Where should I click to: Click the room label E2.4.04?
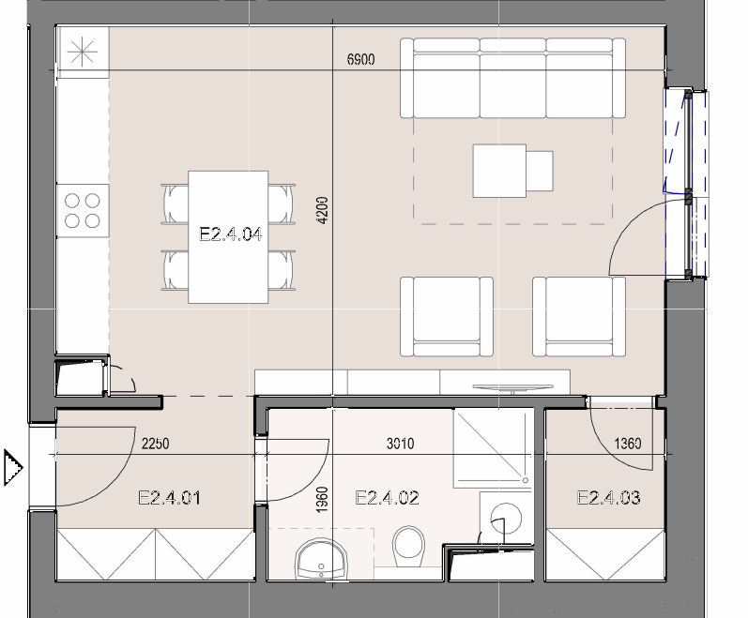[x=231, y=234]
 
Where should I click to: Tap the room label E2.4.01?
[x=169, y=498]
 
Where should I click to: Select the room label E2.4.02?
[x=388, y=498]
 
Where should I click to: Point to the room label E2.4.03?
[x=609, y=498]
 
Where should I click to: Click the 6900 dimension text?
[x=361, y=60]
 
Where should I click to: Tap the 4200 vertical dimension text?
[x=323, y=211]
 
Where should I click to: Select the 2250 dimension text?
[x=156, y=444]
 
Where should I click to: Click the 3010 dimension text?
[x=400, y=444]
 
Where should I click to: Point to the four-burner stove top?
[x=83, y=211]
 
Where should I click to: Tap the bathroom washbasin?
[x=322, y=560]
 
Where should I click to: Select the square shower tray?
[x=493, y=448]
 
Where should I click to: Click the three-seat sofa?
[x=512, y=78]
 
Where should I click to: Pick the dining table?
[x=228, y=237]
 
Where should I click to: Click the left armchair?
[x=447, y=316]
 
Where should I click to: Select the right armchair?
[x=579, y=316]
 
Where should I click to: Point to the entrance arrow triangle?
[x=13, y=467]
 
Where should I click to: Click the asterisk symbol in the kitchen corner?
[x=83, y=52]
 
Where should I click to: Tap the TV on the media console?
[x=512, y=388]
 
